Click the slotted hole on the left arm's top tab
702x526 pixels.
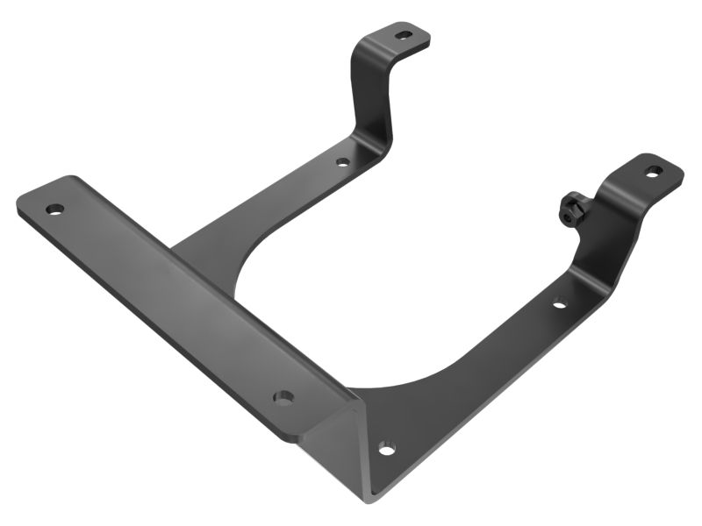click(x=403, y=35)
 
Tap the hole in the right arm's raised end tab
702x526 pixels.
click(x=651, y=171)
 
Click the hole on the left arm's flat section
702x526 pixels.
click(x=342, y=161)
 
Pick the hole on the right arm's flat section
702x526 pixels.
click(x=559, y=305)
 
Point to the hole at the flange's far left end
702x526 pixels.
click(x=54, y=210)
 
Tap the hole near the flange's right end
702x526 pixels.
click(x=283, y=398)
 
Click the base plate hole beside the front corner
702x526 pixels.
click(x=384, y=450)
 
